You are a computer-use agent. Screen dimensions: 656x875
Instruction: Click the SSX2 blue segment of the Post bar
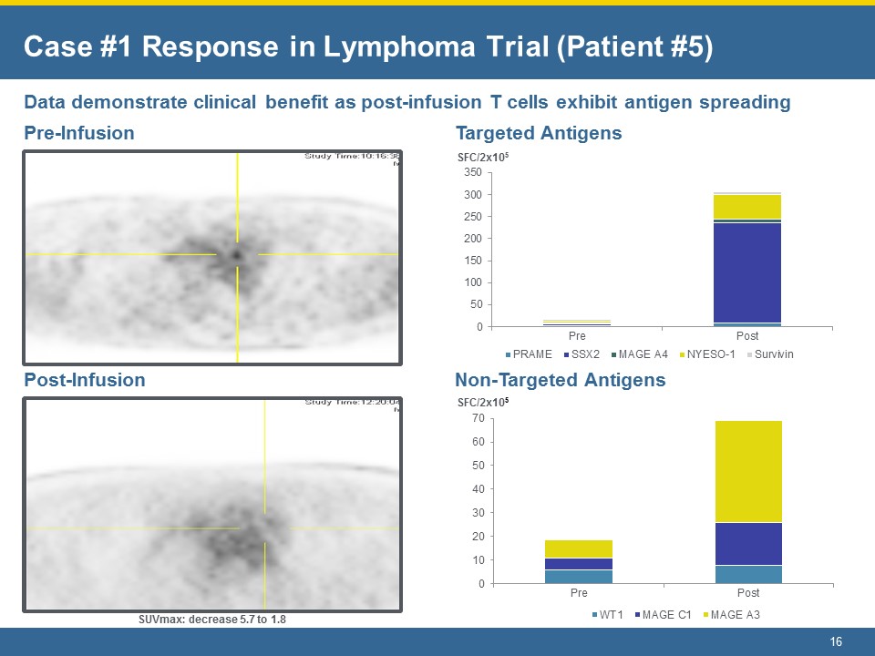[x=747, y=272]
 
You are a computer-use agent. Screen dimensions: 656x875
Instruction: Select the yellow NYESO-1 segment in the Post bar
[x=747, y=207]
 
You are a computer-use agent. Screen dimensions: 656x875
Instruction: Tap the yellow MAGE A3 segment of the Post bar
[x=747, y=471]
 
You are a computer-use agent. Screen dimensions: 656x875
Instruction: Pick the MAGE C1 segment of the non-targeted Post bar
[x=747, y=544]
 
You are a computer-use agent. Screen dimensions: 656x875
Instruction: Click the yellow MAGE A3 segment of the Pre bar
[x=579, y=548]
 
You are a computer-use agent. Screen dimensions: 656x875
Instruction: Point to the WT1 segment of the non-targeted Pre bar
[x=579, y=576]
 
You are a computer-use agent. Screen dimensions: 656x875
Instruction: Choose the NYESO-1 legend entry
[x=707, y=354]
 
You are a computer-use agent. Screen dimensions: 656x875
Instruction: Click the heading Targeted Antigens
[x=538, y=133]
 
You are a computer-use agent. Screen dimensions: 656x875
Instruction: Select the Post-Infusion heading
[x=84, y=380]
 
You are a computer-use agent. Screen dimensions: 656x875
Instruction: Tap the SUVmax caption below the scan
[x=212, y=620]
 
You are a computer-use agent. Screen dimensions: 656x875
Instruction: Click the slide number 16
[x=835, y=642]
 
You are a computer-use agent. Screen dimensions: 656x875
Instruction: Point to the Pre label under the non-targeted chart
[x=579, y=593]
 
